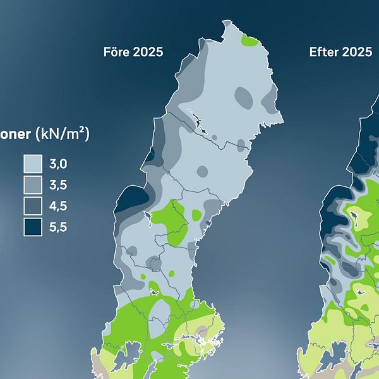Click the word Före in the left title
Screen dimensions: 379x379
click(117, 52)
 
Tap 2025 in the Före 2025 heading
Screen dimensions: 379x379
click(148, 52)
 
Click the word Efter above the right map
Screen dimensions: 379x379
click(323, 52)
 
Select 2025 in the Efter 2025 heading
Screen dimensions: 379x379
click(357, 52)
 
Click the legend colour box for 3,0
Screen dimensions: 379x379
click(33, 165)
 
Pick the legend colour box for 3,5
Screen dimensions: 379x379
click(33, 185)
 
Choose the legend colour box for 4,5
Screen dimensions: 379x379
click(33, 206)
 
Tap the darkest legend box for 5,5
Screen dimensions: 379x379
click(33, 227)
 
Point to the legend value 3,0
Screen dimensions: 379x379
click(57, 165)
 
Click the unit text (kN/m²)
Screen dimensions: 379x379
click(63, 134)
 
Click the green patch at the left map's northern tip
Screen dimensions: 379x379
click(250, 42)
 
